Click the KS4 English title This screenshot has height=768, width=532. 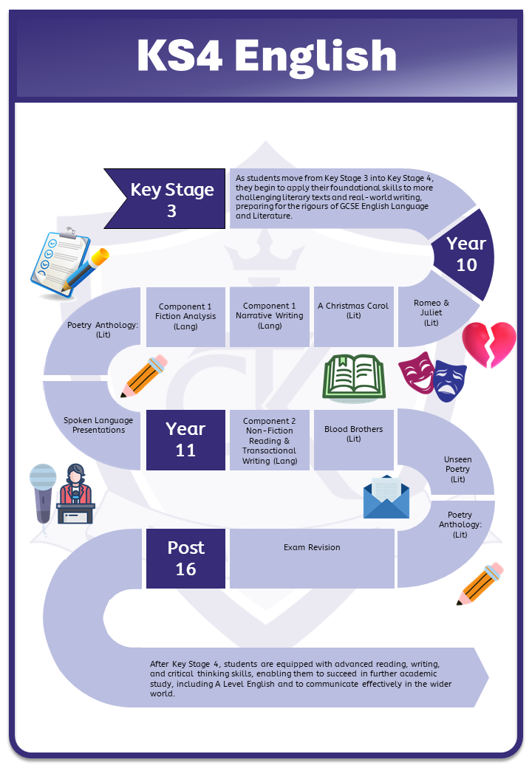(266, 57)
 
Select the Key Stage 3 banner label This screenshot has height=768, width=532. (172, 199)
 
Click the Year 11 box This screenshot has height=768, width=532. (185, 439)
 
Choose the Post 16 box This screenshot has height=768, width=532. (185, 558)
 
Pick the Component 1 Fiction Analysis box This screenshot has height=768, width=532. (186, 316)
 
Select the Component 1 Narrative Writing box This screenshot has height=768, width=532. (270, 316)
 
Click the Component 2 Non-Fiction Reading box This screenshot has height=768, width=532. (270, 441)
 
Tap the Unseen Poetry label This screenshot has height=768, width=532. (457, 469)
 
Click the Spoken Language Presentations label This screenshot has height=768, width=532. (98, 425)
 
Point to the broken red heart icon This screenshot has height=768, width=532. (489, 344)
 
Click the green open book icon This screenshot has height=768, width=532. (355, 376)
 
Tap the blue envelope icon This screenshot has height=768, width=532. (386, 497)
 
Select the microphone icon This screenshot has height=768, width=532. (43, 491)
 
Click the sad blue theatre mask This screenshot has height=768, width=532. (449, 381)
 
